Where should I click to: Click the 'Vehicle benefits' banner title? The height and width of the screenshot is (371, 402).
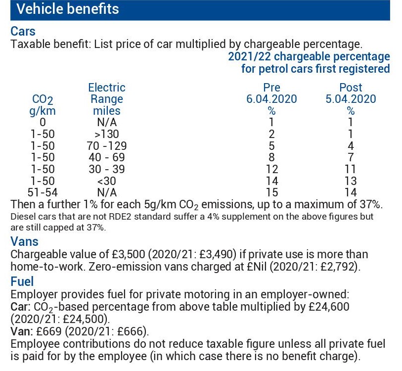pyautogui.click(x=67, y=9)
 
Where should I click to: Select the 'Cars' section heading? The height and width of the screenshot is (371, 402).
pyautogui.click(x=23, y=31)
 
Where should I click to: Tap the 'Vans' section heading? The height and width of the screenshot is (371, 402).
pyautogui.click(x=24, y=242)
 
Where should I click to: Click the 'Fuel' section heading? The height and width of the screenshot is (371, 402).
pyautogui.click(x=22, y=281)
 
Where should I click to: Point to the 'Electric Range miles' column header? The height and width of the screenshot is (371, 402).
pyautogui.click(x=106, y=99)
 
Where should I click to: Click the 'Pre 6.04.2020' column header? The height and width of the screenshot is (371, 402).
pyautogui.click(x=271, y=93)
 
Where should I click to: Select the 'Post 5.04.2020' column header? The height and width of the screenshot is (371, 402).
pyautogui.click(x=351, y=93)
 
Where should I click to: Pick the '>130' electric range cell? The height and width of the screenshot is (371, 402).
pyautogui.click(x=106, y=134)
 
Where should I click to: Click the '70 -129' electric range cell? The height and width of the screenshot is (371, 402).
pyautogui.click(x=106, y=146)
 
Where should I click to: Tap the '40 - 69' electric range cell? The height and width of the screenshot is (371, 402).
pyautogui.click(x=106, y=158)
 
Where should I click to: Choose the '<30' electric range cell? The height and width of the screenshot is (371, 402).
pyautogui.click(x=106, y=181)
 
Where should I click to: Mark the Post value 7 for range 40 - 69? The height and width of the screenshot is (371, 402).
pyautogui.click(x=351, y=158)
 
